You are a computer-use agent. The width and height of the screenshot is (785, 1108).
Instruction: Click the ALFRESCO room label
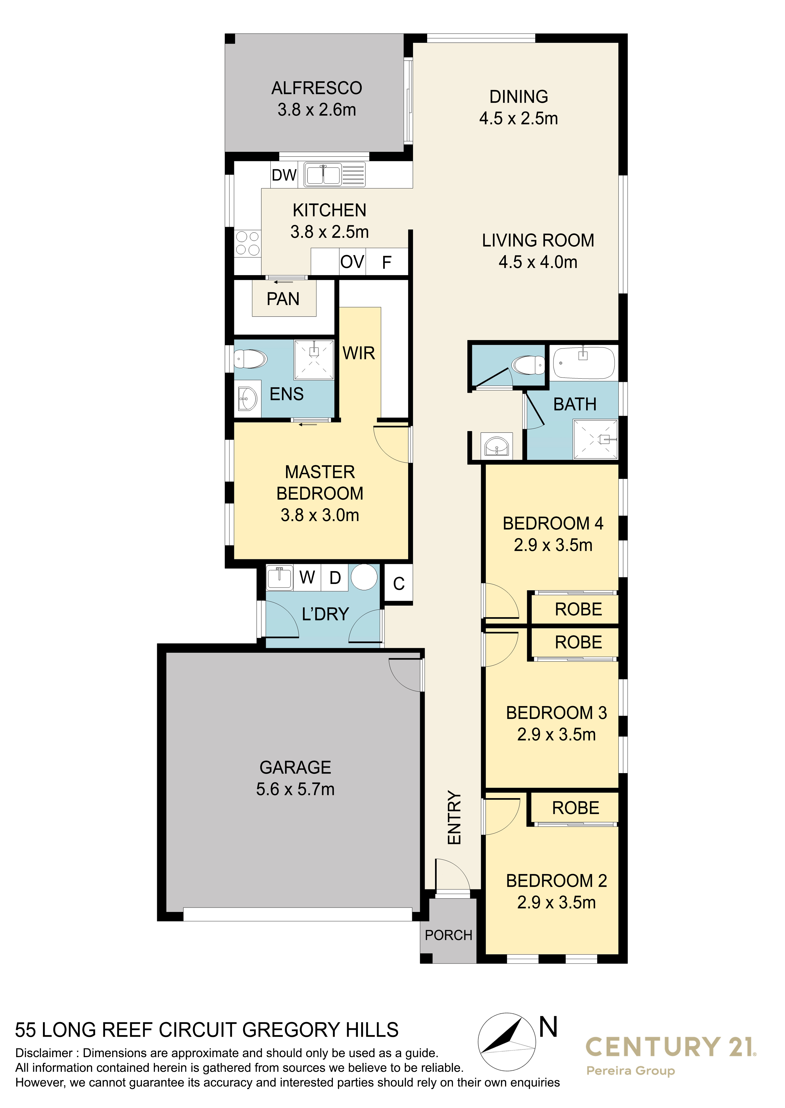tap(317, 88)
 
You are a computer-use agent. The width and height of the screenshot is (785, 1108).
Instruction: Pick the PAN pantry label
tap(283, 299)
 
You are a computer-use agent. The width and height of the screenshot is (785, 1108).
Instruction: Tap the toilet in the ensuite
tap(251, 359)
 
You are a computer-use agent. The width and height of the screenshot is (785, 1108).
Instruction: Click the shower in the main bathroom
tap(595, 439)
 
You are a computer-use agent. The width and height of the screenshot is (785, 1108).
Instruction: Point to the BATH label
tap(575, 404)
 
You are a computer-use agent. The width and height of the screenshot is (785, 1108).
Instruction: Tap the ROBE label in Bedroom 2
tap(576, 808)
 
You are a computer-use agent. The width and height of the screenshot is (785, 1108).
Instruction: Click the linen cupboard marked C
tap(399, 583)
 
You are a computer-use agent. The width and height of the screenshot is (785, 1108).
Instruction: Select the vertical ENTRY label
tap(454, 818)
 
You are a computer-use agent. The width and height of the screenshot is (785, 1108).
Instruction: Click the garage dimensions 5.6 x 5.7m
tap(295, 789)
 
